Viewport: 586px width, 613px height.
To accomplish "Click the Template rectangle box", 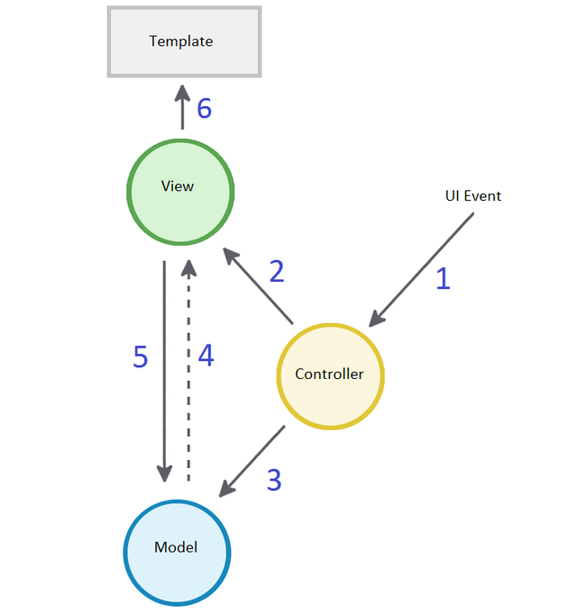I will coord(184,41).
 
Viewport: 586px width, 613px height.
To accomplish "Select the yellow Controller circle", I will coord(330,374).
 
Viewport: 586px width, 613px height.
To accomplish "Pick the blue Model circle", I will coord(177,551).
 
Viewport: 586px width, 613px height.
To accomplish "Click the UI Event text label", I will coord(472,195).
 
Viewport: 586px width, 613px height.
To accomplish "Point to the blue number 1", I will coord(443,279).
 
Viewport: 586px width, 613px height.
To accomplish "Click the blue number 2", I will coord(277,272).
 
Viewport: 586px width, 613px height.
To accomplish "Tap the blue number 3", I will coord(274,481).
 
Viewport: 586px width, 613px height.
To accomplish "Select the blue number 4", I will coord(206,356).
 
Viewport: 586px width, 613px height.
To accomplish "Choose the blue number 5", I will coord(140,356).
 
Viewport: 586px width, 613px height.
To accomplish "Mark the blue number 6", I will coord(205,109).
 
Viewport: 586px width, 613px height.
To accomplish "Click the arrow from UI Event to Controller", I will coord(422,267).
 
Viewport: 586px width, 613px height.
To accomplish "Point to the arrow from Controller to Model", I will coord(252,460).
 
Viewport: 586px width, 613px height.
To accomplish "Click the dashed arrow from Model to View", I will coord(188,369).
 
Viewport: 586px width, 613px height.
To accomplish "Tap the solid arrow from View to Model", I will coord(164,369).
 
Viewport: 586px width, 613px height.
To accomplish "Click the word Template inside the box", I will coord(181,41).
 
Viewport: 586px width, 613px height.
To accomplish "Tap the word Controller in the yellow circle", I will coord(330,374).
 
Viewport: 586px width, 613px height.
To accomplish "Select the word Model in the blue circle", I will coord(176,547).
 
